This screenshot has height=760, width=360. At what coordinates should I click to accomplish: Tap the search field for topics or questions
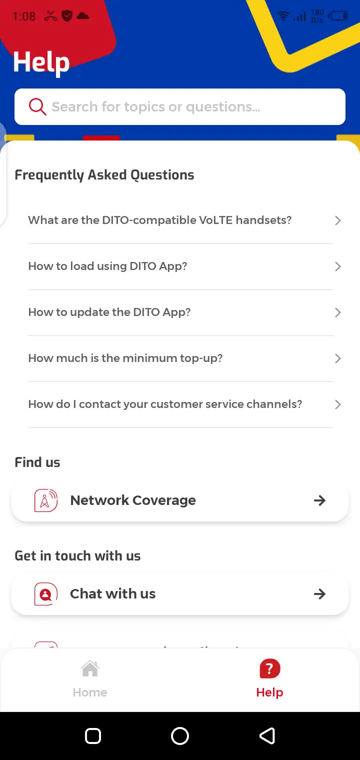pyautogui.click(x=190, y=106)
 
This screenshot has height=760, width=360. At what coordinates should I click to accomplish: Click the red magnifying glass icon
pyautogui.click(x=37, y=106)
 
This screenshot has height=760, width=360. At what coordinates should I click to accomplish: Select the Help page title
pyautogui.click(x=41, y=62)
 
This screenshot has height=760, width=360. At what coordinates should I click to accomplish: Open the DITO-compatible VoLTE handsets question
pyautogui.click(x=160, y=220)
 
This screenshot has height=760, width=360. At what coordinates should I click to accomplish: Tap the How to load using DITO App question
pyautogui.click(x=107, y=266)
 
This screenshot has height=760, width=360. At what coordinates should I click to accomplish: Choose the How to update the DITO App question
pyautogui.click(x=109, y=312)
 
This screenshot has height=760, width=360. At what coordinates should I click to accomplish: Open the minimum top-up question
pyautogui.click(x=125, y=358)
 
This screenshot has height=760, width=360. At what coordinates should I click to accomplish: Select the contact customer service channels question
pyautogui.click(x=165, y=404)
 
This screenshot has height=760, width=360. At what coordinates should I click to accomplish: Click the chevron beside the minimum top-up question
pyautogui.click(x=337, y=358)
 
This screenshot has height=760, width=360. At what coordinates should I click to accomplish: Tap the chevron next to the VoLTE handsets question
pyautogui.click(x=337, y=220)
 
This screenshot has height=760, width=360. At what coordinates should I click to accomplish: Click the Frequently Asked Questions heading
pyautogui.click(x=104, y=175)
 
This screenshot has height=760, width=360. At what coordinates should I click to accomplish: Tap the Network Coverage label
pyautogui.click(x=133, y=500)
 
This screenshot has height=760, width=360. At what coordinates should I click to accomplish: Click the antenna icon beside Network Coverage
pyautogui.click(x=46, y=500)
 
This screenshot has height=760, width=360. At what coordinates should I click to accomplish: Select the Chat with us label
pyautogui.click(x=113, y=594)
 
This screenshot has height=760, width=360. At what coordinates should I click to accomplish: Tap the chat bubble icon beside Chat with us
pyautogui.click(x=46, y=594)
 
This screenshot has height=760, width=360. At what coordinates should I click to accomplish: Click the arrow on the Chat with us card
pyautogui.click(x=319, y=594)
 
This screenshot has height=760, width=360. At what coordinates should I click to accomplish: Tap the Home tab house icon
pyautogui.click(x=90, y=668)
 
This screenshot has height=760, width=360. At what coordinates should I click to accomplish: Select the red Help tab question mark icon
pyautogui.click(x=269, y=668)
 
